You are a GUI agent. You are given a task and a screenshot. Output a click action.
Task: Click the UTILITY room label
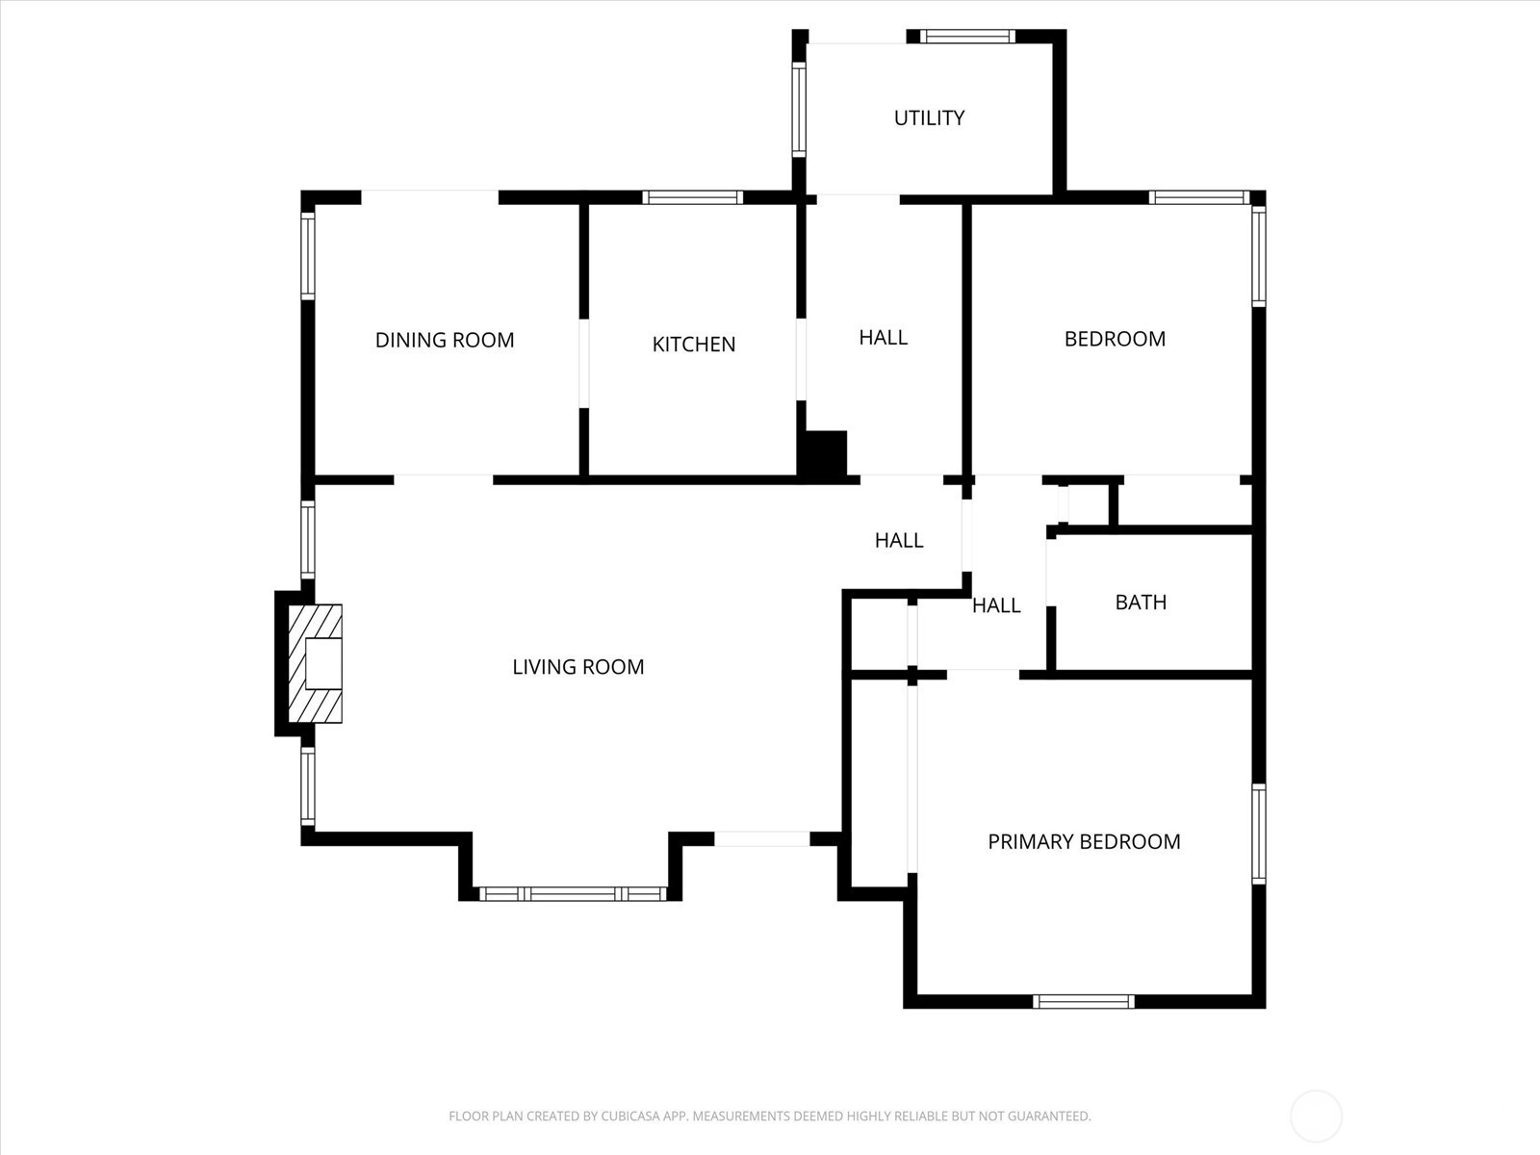tap(929, 117)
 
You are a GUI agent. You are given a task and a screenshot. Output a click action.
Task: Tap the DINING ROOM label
tap(445, 340)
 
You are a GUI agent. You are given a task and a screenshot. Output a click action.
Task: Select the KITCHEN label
tap(694, 345)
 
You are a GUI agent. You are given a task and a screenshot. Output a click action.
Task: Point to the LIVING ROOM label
tap(578, 667)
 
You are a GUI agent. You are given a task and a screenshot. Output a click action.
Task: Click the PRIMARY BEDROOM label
tap(1084, 841)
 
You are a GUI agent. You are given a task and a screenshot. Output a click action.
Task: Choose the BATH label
tap(1141, 603)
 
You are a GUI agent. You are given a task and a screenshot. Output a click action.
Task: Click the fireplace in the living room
tap(315, 663)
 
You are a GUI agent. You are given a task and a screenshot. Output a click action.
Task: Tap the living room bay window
tap(573, 894)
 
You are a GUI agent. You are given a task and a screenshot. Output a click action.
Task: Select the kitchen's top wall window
tap(692, 197)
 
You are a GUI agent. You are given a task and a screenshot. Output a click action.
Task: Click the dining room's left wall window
tap(307, 256)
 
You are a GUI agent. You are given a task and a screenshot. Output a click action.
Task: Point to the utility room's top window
tap(967, 37)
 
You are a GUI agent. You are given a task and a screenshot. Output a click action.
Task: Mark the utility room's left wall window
tap(799, 110)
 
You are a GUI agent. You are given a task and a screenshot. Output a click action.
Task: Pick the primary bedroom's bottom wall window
tap(1083, 1001)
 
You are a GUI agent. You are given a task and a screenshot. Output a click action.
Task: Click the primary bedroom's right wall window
tap(1259, 834)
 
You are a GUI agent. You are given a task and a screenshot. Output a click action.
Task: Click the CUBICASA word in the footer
tap(629, 1116)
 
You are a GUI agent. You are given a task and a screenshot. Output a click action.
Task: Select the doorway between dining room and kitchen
tap(583, 363)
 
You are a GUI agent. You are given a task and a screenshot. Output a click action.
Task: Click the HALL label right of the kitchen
tap(884, 338)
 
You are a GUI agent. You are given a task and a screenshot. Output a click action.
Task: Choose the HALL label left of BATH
tap(996, 605)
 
